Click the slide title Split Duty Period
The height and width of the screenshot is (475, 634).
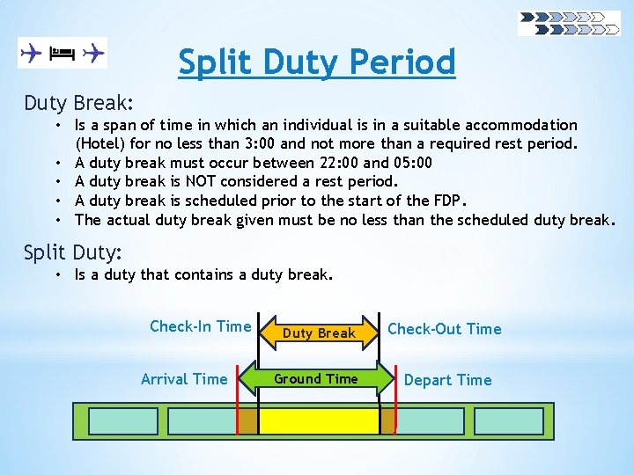click(317, 62)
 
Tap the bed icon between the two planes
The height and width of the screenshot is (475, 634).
click(62, 54)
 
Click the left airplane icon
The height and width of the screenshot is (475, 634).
click(32, 54)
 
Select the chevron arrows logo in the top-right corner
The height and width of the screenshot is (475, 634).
click(568, 23)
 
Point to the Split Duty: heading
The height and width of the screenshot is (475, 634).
click(72, 252)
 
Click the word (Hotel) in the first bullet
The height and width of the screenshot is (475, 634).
click(100, 143)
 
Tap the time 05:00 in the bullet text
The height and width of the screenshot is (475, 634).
click(414, 163)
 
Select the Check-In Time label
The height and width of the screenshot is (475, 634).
click(200, 326)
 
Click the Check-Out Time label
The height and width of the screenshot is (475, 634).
click(445, 329)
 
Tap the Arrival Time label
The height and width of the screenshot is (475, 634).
click(184, 379)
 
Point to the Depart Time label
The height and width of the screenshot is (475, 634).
click(447, 380)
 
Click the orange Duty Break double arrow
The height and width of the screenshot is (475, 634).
click(319, 332)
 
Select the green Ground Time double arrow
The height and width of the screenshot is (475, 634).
click(316, 379)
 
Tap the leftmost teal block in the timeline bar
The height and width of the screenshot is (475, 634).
click(124, 421)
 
